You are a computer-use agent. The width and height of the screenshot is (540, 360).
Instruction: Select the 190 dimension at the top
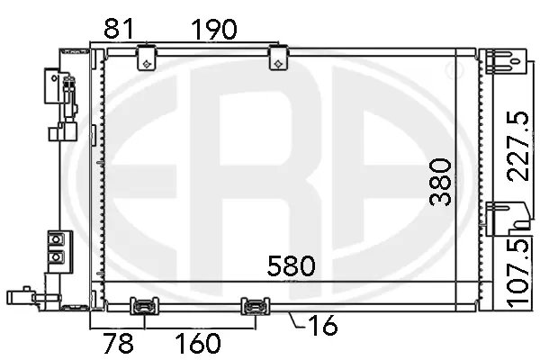(213, 29)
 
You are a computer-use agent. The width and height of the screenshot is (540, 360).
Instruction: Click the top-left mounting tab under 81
(146, 59)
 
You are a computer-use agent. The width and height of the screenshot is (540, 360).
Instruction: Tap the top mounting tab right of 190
(279, 59)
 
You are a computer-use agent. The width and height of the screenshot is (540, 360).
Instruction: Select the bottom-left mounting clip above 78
(143, 308)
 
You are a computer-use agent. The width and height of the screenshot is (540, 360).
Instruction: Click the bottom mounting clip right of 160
(255, 308)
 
